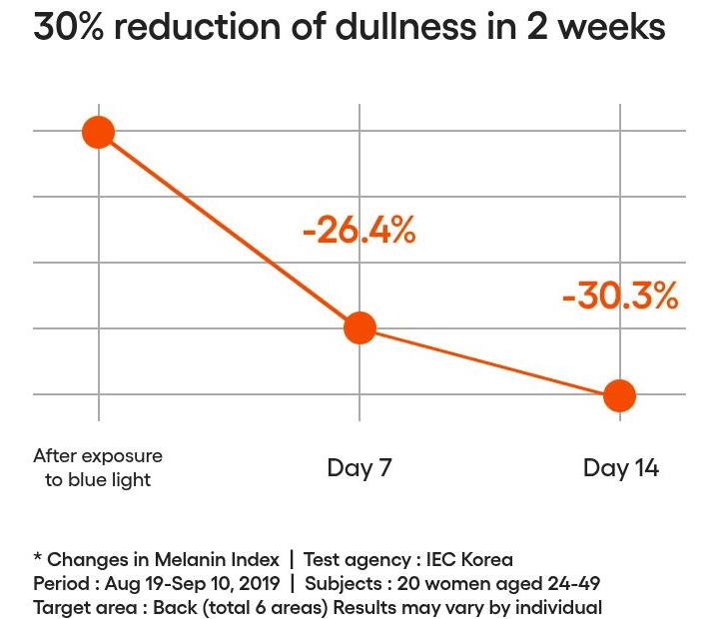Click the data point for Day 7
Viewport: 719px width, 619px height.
(x=359, y=328)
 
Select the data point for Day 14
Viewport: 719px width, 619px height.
(x=619, y=395)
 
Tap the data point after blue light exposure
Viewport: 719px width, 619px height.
(x=99, y=132)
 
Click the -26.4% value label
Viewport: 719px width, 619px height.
(x=359, y=231)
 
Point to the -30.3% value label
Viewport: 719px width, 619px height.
(x=620, y=296)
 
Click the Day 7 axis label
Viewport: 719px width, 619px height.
(x=359, y=468)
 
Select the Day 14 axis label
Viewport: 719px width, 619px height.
(x=621, y=468)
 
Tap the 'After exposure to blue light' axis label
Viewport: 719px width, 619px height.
(x=98, y=467)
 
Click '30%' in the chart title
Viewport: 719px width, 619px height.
(x=68, y=27)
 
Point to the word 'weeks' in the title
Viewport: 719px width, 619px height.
(x=611, y=27)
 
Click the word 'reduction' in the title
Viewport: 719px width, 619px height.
(x=198, y=27)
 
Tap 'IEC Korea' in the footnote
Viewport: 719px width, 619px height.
(x=469, y=559)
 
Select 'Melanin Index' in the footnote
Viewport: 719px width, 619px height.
(x=217, y=559)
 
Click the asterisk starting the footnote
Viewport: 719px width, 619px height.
(x=38, y=557)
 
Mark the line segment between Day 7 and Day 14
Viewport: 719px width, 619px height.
(x=489, y=361)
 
